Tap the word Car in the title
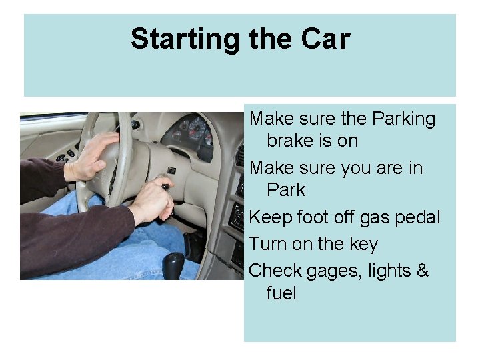(325, 39)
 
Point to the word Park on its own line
(286, 190)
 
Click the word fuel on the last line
(281, 293)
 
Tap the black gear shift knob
(175, 263)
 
